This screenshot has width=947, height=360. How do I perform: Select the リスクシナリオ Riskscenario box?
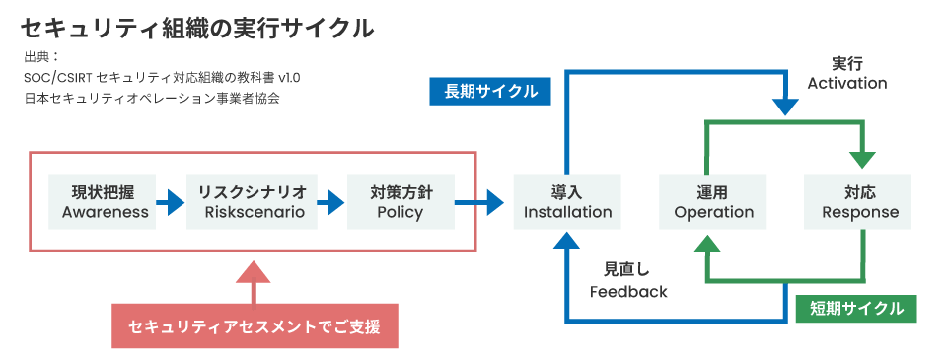click(x=252, y=202)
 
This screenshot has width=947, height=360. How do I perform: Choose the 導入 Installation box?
click(x=567, y=202)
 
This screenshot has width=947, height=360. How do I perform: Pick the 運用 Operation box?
click(x=713, y=202)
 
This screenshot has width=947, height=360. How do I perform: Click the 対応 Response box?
click(x=860, y=202)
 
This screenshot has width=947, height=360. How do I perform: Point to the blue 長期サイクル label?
click(x=490, y=92)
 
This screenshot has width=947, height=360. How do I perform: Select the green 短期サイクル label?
click(x=856, y=309)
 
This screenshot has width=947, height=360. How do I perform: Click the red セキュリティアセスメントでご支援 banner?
click(x=255, y=325)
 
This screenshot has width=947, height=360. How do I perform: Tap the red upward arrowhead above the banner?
click(x=255, y=273)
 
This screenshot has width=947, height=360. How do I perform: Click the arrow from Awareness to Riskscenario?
click(x=172, y=202)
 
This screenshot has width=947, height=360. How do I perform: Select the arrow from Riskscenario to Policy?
click(x=331, y=202)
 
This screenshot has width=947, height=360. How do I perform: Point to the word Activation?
click(x=846, y=84)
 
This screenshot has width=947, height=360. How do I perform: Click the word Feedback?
click(x=628, y=292)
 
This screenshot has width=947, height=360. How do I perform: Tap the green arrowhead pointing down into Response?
click(x=864, y=158)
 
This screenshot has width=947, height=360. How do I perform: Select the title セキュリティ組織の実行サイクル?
click(x=197, y=29)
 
